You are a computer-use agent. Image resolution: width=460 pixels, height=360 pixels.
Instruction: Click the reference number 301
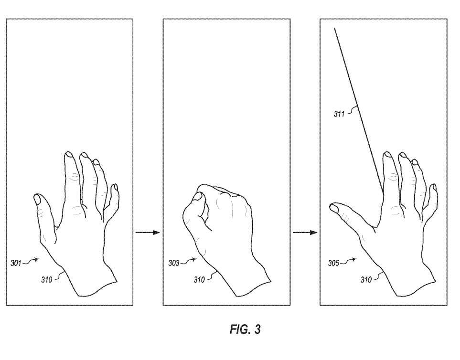pos(16,263)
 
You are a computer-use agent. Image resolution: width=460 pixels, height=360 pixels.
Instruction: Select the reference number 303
pos(174,263)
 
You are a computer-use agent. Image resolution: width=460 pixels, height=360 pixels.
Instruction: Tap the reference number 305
pos(333,263)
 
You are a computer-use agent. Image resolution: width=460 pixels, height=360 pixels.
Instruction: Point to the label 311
pos(339,114)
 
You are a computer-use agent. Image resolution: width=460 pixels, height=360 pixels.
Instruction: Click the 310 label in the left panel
pos(46,280)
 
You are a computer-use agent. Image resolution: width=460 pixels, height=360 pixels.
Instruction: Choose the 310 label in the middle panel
pos(199,280)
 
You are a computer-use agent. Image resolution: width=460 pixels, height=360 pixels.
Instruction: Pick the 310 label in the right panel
pos(366,280)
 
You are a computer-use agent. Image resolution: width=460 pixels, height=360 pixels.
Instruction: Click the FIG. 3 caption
pos(245,329)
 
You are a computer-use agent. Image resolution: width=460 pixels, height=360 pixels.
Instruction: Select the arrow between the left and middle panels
pos(148,233)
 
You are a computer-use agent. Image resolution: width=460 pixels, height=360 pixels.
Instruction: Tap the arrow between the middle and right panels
pos(305,233)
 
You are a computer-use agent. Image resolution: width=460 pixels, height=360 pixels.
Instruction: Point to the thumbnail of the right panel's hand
pos(334,208)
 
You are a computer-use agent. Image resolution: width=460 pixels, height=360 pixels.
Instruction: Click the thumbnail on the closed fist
pos(197,196)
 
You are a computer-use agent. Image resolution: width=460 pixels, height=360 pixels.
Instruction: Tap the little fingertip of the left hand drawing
pos(115,187)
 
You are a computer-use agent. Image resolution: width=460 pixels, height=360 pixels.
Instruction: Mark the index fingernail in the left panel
pos(69,154)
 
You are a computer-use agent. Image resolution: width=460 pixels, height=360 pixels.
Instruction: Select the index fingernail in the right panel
pos(387,155)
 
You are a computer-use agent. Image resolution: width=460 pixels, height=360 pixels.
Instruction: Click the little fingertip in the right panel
pos(434,187)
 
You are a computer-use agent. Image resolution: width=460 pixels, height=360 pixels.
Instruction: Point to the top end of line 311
pos(334,28)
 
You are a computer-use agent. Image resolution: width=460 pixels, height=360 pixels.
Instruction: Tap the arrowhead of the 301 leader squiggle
pos(37,259)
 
